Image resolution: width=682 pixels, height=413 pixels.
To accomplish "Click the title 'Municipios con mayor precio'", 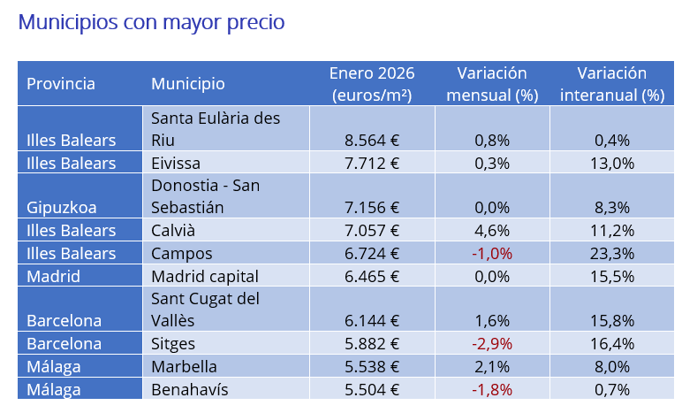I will (151, 22).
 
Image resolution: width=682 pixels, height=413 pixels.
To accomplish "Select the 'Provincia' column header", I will (61, 84).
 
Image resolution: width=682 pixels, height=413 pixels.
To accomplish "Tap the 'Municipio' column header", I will (187, 84).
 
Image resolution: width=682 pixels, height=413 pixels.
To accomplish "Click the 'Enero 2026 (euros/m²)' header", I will (371, 84).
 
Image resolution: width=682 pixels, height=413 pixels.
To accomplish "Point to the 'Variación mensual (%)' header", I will (492, 84).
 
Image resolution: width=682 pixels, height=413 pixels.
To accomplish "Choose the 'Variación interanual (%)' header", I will (611, 84).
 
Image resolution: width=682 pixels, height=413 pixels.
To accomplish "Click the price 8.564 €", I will (372, 140).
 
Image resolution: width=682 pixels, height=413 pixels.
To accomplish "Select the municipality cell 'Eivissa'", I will (176, 163).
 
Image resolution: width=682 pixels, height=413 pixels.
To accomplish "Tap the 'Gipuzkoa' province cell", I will (62, 208).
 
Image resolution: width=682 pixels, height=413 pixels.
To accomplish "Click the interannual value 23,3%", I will (611, 253).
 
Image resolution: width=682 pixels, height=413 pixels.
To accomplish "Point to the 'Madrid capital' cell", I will (205, 276).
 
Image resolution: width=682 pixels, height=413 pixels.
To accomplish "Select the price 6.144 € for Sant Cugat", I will (372, 321).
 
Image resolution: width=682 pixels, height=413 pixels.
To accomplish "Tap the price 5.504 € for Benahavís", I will (372, 389).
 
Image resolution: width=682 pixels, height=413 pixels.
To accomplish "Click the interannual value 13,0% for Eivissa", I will (611, 163).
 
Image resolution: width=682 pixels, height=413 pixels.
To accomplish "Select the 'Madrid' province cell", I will (54, 276).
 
